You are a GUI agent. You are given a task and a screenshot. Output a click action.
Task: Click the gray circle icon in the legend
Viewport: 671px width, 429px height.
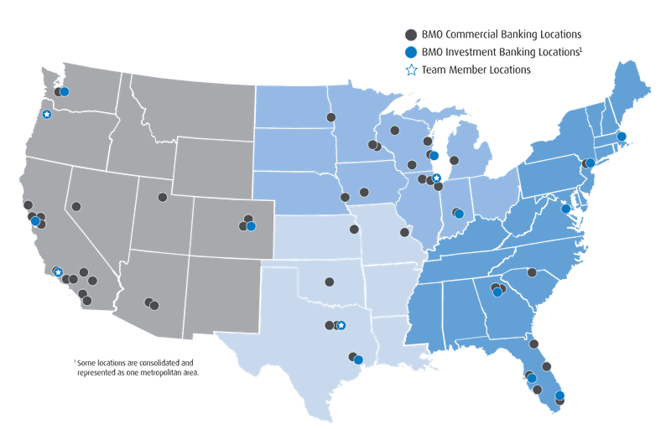coord(410,34)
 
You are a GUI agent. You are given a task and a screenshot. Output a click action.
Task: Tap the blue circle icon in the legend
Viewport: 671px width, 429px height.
coord(410,52)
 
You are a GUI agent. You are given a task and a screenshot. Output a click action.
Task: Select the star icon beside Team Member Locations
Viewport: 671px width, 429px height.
coord(410,70)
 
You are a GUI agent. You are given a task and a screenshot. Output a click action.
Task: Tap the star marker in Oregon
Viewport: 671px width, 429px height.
coord(47,114)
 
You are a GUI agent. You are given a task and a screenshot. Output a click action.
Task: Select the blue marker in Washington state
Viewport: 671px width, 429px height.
coord(65,92)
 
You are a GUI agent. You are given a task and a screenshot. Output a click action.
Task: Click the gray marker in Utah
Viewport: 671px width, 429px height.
coord(163,198)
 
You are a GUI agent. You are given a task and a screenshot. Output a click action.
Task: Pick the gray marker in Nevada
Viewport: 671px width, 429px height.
coord(76,206)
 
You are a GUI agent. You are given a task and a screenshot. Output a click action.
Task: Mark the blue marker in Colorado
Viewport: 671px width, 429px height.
coord(251,226)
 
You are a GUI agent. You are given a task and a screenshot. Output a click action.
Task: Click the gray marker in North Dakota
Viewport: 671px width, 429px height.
coord(331,117)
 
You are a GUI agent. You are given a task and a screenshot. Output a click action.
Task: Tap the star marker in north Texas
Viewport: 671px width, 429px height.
coord(341,325)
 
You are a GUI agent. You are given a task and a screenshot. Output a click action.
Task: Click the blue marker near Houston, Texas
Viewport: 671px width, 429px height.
coord(358,360)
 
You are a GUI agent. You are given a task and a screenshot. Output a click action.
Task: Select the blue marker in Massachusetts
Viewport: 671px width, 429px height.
coord(622,136)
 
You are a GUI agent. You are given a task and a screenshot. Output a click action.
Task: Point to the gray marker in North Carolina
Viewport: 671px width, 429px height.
coord(532,271)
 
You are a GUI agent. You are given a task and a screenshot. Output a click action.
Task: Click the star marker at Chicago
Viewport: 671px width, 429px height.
coord(436,178)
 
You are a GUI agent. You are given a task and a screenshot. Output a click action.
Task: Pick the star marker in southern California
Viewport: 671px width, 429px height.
coord(57,271)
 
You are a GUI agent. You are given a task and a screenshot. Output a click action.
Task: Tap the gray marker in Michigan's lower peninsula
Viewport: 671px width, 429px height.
coord(454,160)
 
